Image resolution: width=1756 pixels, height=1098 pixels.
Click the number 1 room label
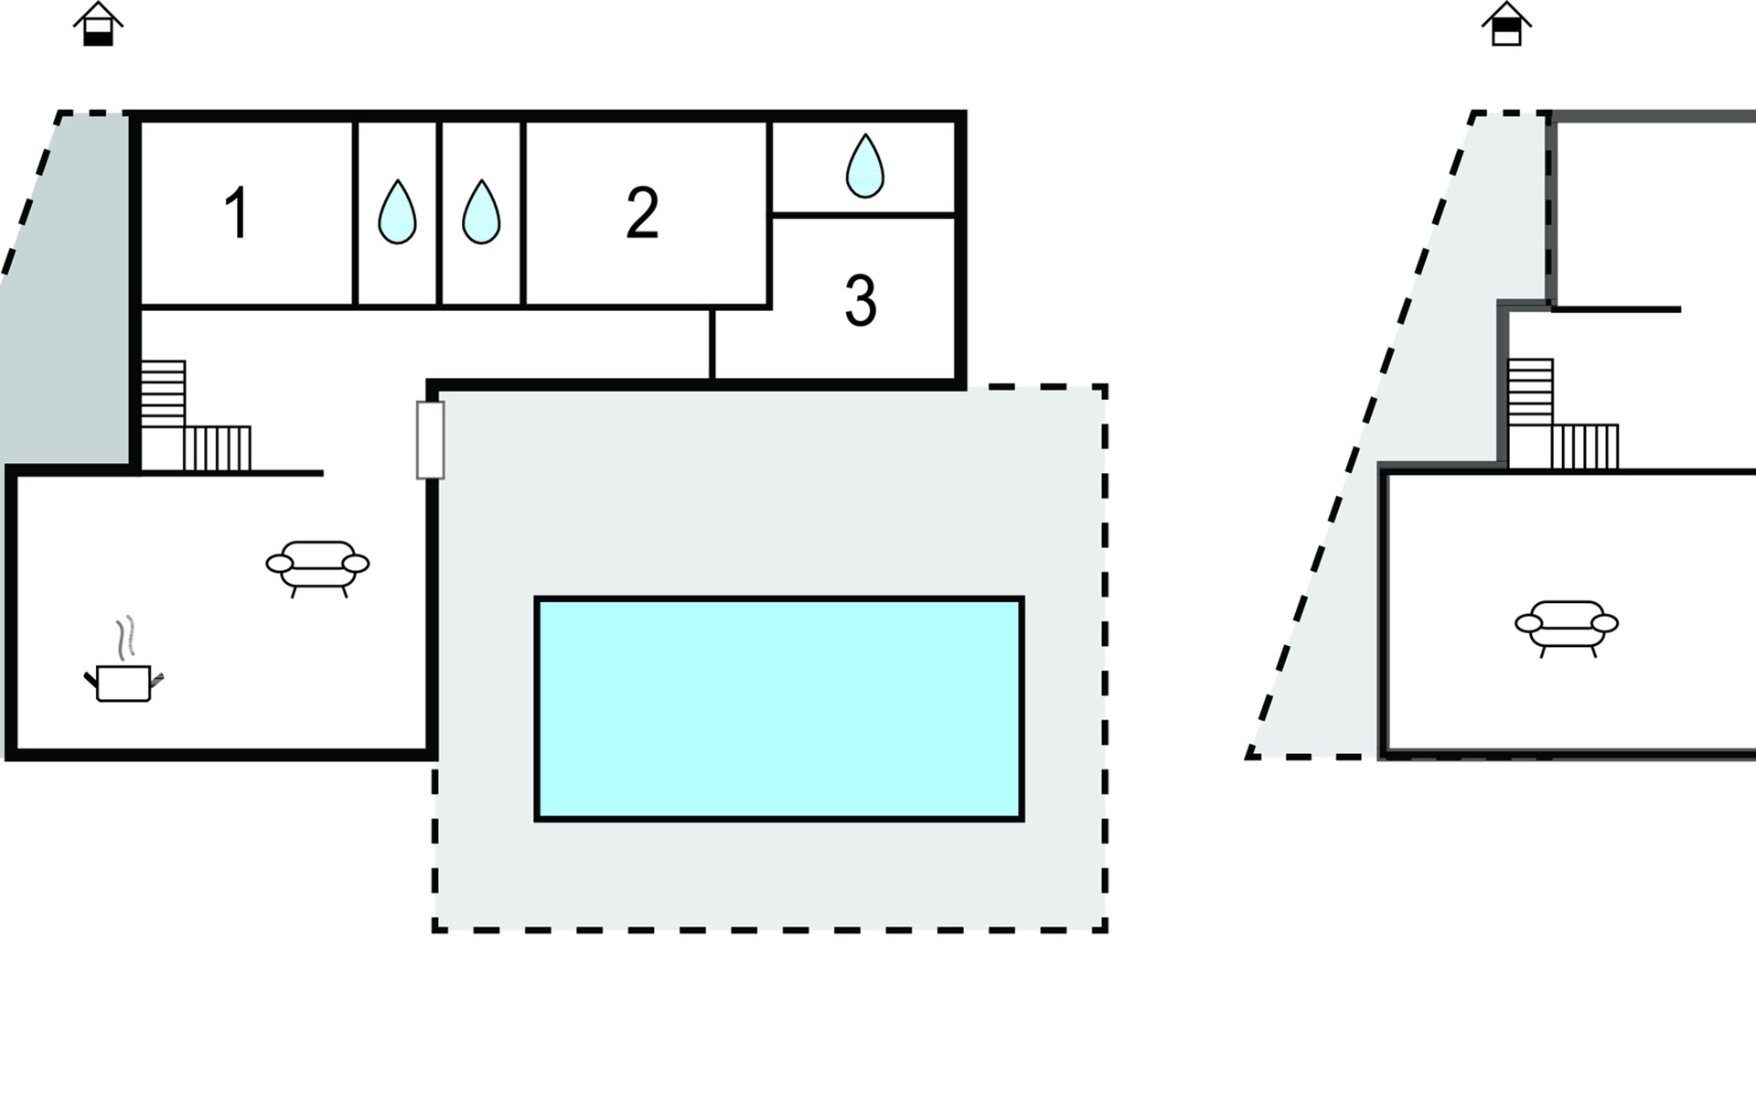237,213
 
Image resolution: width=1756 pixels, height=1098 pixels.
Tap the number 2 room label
642,213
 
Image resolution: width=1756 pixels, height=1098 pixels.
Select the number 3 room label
861,301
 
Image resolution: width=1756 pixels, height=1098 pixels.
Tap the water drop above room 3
865,167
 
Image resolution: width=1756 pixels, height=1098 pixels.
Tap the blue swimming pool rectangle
778,709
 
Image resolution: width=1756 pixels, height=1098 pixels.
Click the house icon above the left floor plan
98,24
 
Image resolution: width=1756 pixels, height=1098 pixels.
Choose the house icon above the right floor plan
1506,24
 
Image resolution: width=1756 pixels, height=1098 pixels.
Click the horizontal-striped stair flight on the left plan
164,393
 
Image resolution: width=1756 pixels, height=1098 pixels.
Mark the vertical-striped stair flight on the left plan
218,448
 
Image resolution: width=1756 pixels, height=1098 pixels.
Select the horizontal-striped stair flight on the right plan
1530,392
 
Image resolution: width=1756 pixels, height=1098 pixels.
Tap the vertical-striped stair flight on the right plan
1585,447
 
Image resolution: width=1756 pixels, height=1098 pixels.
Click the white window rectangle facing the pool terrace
431,439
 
